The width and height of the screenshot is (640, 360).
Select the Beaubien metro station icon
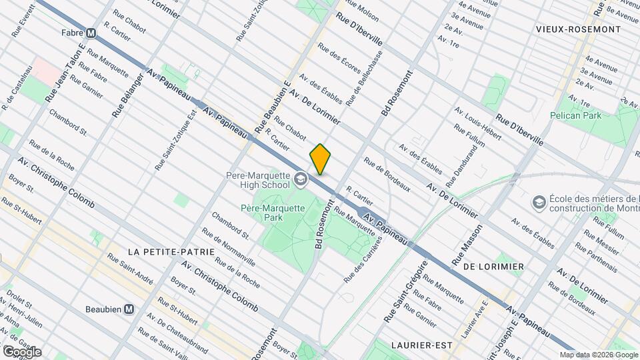pyautogui.click(x=129, y=309)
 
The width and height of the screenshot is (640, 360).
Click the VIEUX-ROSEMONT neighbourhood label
pyautogui.click(x=578, y=29)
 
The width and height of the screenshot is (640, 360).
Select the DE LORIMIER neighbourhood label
pyautogui.click(x=493, y=266)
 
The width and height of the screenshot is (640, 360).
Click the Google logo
pyautogui.click(x=22, y=351)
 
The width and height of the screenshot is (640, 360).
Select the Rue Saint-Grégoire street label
pyautogui.click(x=405, y=293)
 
